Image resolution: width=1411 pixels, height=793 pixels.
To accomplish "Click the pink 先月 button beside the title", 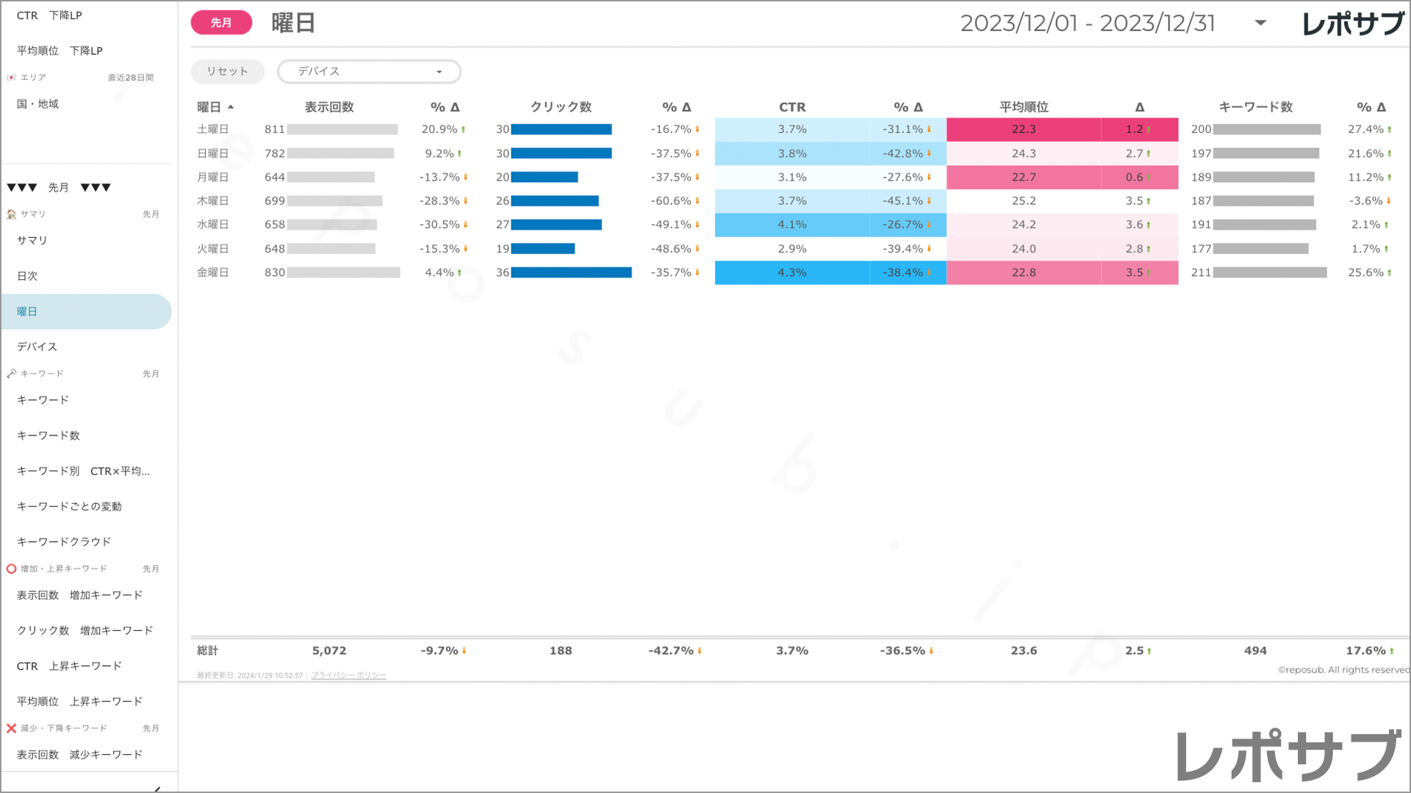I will [x=221, y=23].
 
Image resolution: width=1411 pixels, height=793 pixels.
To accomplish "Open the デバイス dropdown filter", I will [x=369, y=71].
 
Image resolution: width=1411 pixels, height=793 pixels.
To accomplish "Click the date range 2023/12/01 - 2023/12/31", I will [x=1087, y=23].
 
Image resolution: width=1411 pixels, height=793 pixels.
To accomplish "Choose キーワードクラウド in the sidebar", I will [x=64, y=542].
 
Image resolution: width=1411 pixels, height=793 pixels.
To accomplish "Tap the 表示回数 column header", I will [x=329, y=107].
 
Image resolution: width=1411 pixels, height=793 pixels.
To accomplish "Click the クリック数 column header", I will [x=561, y=107].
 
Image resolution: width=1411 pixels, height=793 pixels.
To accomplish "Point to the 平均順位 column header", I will [x=1024, y=107].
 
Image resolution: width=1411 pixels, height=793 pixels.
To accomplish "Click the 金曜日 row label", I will [x=212, y=272].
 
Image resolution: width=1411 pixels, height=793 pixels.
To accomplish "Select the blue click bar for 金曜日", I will [x=571, y=272].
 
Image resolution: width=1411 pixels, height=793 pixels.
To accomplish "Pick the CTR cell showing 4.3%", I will [x=792, y=272].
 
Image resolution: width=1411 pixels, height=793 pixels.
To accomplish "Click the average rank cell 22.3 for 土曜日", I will [x=1024, y=129].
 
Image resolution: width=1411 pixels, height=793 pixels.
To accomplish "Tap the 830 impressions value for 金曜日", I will [x=274, y=272].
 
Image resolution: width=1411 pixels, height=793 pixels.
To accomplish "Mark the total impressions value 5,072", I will [x=328, y=651].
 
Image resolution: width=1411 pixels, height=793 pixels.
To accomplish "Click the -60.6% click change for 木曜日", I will [x=671, y=200].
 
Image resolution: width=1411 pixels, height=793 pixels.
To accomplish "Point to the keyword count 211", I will [x=1201, y=272].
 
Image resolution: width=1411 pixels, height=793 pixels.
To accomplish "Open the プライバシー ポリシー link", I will [x=348, y=676].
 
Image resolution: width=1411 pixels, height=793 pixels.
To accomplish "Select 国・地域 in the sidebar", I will [x=37, y=104].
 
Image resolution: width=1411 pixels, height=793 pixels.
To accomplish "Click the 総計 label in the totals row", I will [x=207, y=651].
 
